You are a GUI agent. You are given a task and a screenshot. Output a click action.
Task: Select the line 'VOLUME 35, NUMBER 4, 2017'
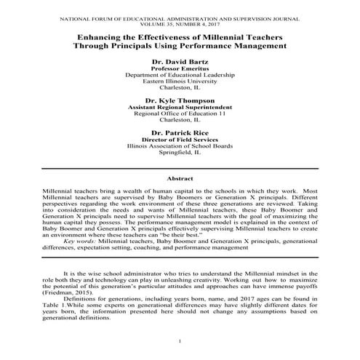[x=180, y=20]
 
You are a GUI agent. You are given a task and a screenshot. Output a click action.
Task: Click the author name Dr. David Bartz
[x=180, y=62]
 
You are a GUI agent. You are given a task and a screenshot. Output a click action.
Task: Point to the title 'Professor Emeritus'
[x=180, y=69]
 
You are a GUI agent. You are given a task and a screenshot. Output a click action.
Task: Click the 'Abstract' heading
[x=180, y=177]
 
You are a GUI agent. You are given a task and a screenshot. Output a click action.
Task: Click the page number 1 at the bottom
[x=180, y=342]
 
